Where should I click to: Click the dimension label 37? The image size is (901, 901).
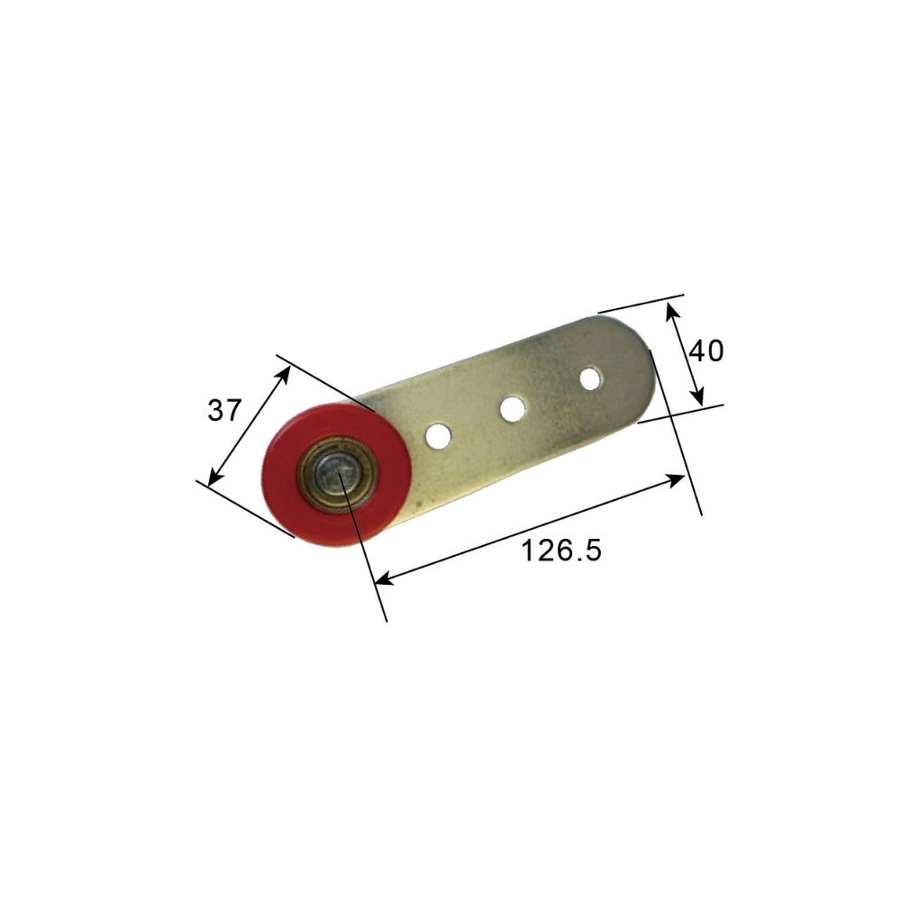225,411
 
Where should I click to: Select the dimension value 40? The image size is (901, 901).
705,350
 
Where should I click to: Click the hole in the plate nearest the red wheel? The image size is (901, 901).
437,436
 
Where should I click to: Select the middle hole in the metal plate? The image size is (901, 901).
513,409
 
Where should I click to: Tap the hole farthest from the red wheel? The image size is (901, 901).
590,378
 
